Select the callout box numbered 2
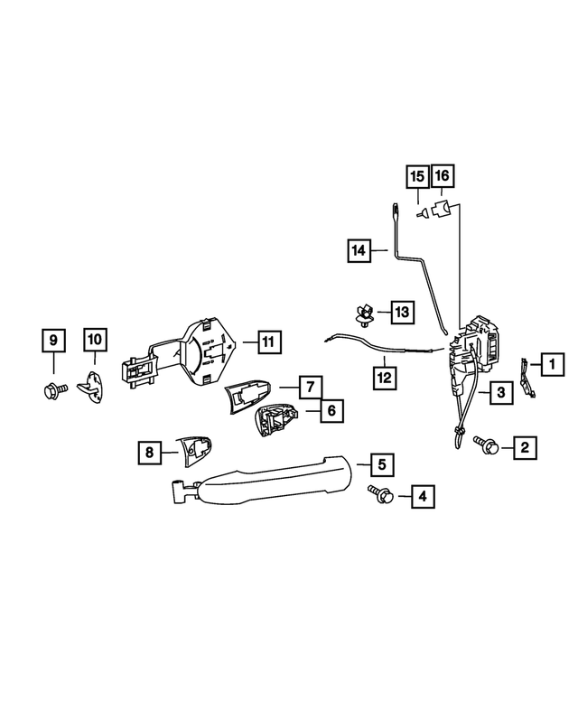524,445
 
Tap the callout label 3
499,392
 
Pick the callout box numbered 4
421,495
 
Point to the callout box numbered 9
54,341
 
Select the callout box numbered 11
267,342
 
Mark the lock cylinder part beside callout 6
277,419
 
